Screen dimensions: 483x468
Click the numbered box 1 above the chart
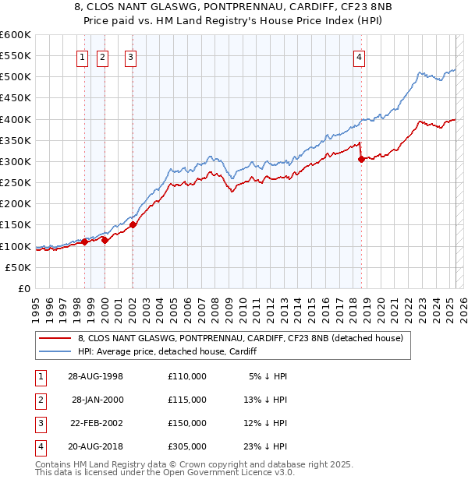pos(83,56)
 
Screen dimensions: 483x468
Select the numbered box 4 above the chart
pos(359,56)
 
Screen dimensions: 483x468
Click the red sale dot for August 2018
pos(361,159)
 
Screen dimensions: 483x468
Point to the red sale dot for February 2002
pos(133,224)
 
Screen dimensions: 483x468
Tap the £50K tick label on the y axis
pos(19,267)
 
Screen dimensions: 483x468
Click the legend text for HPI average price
pos(168,351)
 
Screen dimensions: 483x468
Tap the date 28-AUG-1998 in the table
pos(96,375)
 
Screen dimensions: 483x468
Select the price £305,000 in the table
pos(187,446)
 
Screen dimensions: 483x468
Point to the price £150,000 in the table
pos(187,423)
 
